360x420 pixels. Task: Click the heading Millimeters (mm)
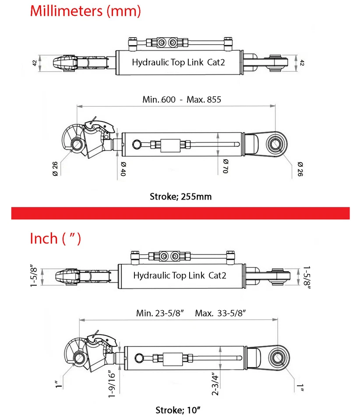click(x=85, y=11)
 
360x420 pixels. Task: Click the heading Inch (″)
click(x=55, y=238)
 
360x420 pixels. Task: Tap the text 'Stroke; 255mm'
click(x=181, y=196)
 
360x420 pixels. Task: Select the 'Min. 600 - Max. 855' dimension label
click(x=182, y=99)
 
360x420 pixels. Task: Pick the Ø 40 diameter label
click(x=123, y=168)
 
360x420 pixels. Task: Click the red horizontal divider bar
click(x=180, y=213)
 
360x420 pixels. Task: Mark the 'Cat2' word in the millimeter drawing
click(x=216, y=63)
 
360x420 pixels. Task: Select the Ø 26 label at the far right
click(x=300, y=169)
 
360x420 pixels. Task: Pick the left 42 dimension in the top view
click(x=35, y=63)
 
